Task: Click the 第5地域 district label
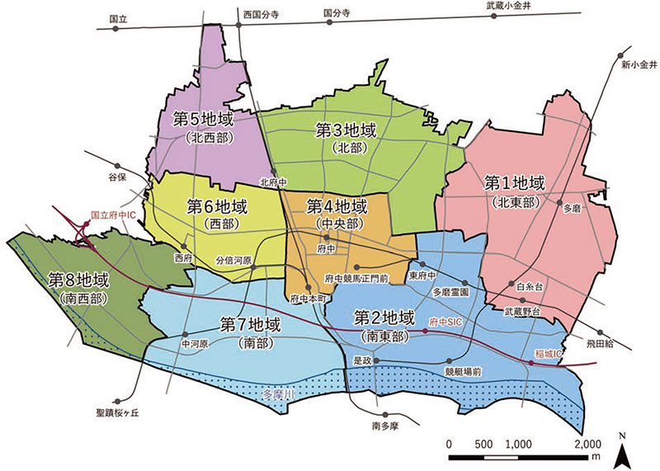pyautogui.click(x=201, y=118)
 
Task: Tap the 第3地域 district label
pyautogui.click(x=346, y=130)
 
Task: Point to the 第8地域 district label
pyautogui.click(x=79, y=280)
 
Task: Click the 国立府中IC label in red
pyautogui.click(x=112, y=212)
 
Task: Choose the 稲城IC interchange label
pyautogui.click(x=547, y=352)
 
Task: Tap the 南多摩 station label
pyautogui.click(x=384, y=426)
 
